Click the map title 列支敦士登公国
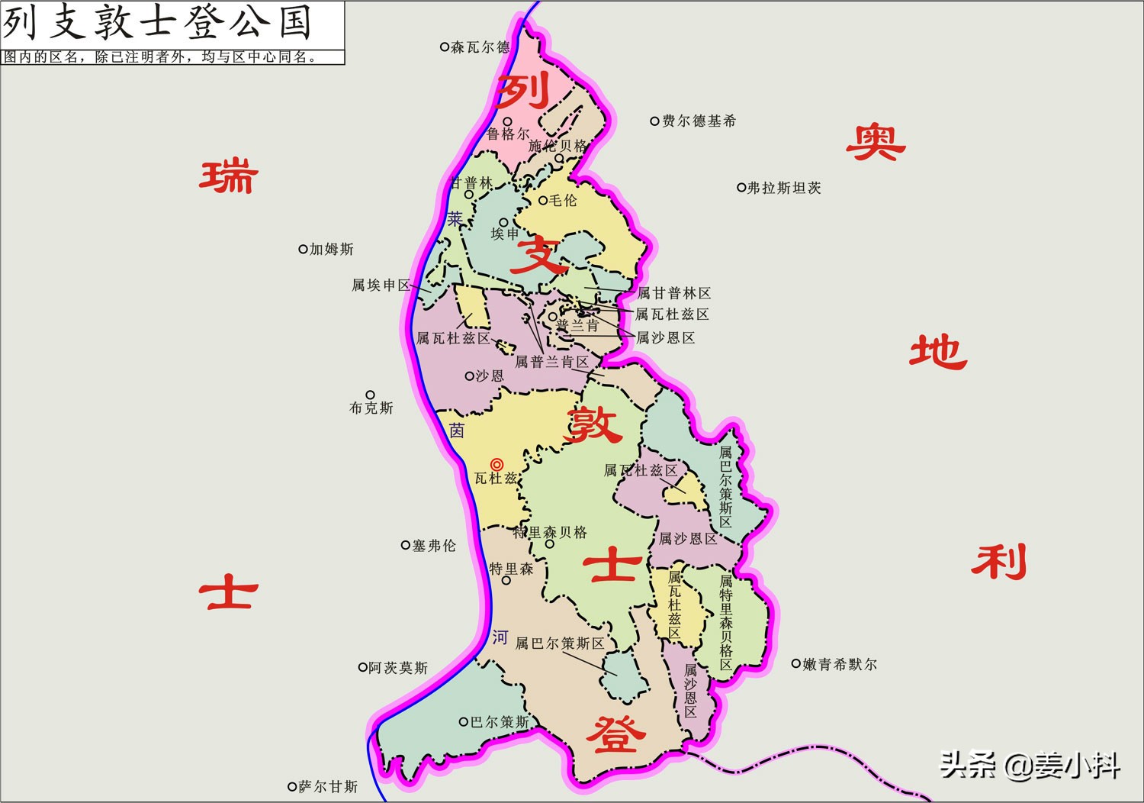pos(158,23)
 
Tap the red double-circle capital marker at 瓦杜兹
pos(496,464)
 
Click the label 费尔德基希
pos(698,121)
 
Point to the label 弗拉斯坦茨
pos(783,188)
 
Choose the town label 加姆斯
pos(331,250)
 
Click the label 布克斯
pos(371,408)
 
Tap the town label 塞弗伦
pos(433,546)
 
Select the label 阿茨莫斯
pos(397,668)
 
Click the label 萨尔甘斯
pos(327,786)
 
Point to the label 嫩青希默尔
pos(839,665)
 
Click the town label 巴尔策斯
pos(499,722)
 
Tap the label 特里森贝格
pos(550,532)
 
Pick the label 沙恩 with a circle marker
pos(489,376)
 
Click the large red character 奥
pos(875,143)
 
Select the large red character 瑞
pos(229,176)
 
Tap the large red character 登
pos(615,734)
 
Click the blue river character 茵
pos(457,431)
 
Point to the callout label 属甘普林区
pos(673,293)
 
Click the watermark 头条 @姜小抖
pos(1030,765)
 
